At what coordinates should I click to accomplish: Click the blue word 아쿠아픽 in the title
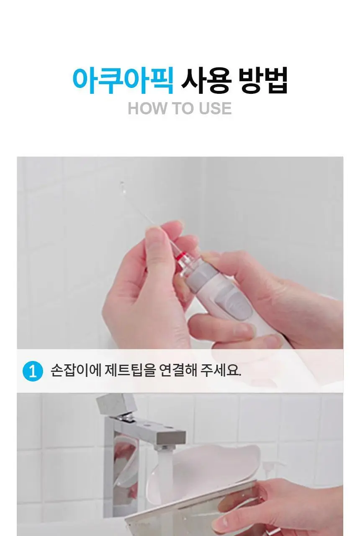click(123, 81)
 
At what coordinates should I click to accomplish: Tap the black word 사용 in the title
click(206, 81)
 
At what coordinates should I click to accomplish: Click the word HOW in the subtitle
click(147, 108)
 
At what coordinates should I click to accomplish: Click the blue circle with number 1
click(33, 371)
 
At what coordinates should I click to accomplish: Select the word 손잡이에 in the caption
click(76, 371)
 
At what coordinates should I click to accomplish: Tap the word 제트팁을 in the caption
click(130, 371)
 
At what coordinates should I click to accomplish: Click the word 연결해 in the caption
click(178, 371)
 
